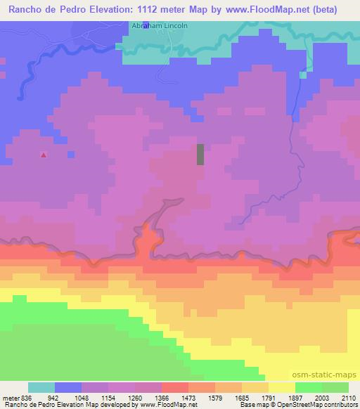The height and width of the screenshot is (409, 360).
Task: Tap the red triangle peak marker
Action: [x=44, y=155]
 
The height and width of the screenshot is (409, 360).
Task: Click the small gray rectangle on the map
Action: [x=200, y=154]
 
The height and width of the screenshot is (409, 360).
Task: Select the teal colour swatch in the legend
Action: [x=41, y=387]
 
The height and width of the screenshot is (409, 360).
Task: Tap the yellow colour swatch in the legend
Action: [x=281, y=387]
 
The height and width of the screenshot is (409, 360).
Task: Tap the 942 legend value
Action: [x=49, y=397]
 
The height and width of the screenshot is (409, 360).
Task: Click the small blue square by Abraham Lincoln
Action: [x=146, y=26]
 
